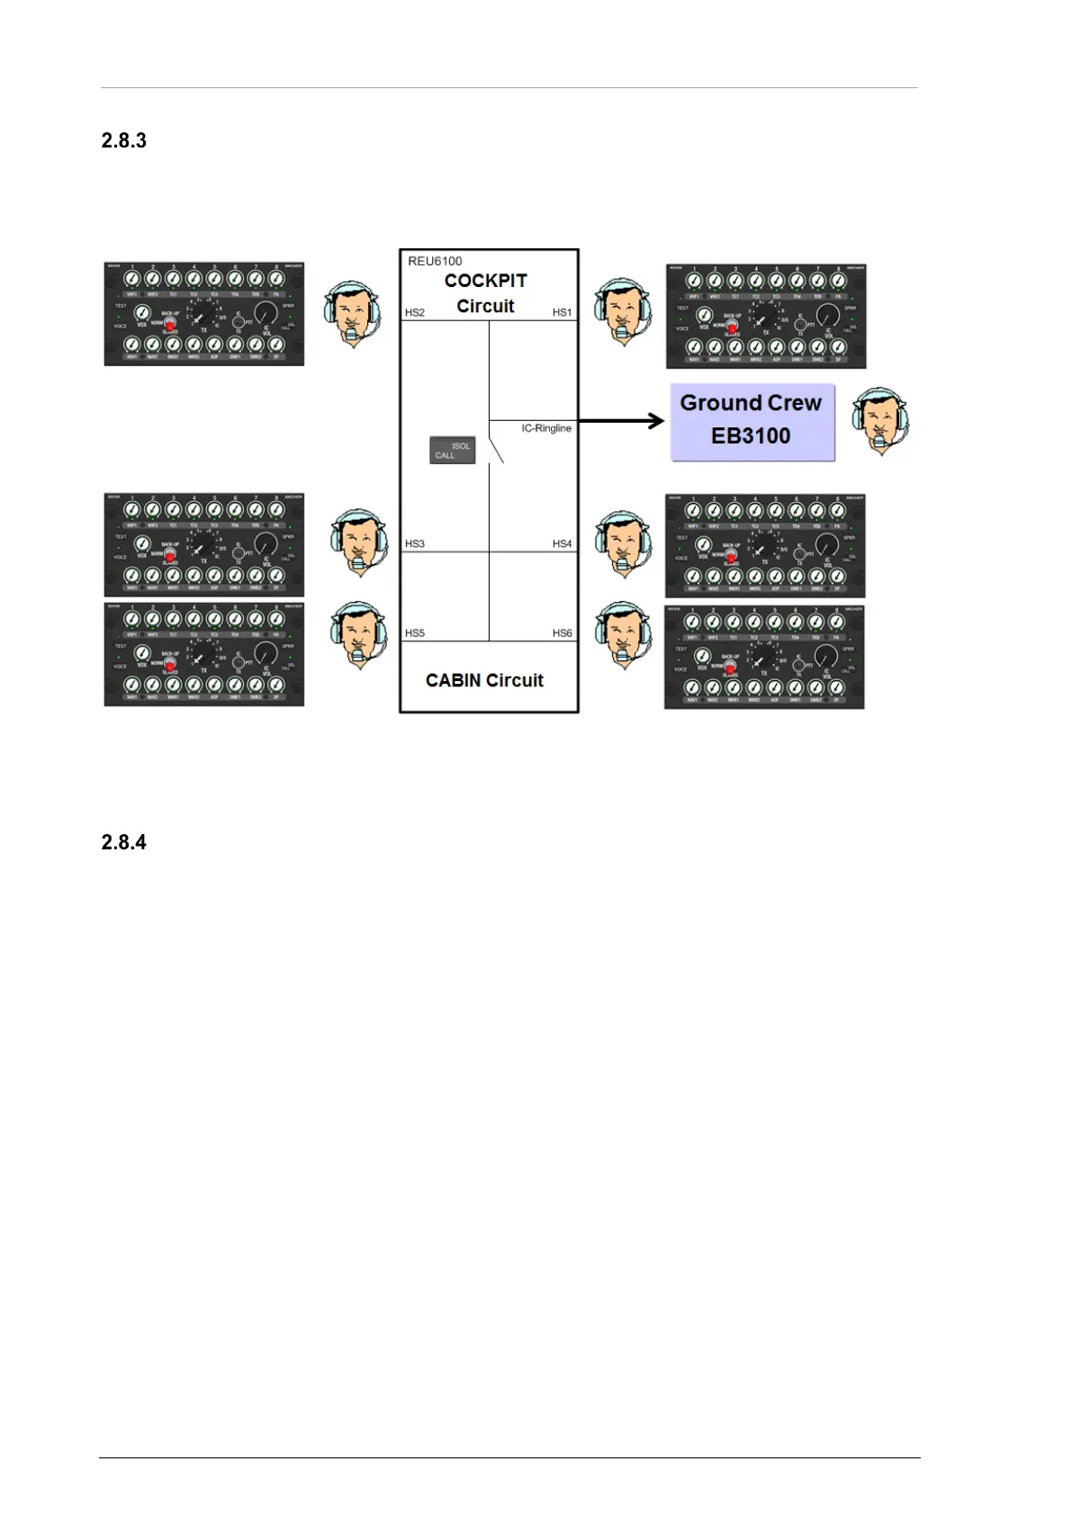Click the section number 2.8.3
pos(123,140)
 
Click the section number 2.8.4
pos(123,842)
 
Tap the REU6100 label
pos(435,261)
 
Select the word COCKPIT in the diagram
pos(485,281)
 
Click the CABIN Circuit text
pos(484,680)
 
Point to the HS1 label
pos(562,312)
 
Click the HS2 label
pos(415,312)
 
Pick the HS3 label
pos(415,543)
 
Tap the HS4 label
pos(562,543)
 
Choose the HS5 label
pos(415,632)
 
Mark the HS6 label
pos(562,632)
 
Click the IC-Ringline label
pos(546,428)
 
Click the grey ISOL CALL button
pos(452,450)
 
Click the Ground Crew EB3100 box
pos(752,422)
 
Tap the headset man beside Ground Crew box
pos(880,421)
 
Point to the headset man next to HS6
pos(623,634)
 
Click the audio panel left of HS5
pos(204,654)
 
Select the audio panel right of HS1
pos(766,316)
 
